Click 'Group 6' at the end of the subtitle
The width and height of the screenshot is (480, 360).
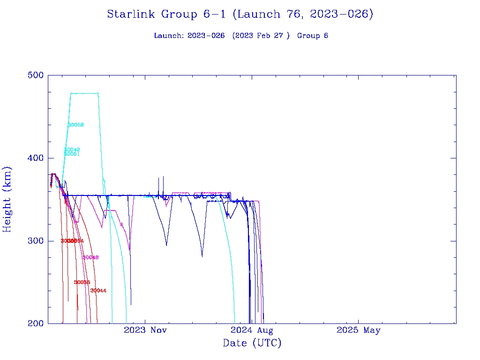313,36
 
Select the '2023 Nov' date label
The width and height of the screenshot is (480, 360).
145,330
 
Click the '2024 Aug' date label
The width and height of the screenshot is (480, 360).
252,330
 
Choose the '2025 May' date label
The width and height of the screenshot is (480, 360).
359,330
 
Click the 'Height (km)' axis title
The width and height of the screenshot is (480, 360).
7,199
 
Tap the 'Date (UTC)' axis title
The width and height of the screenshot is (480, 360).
252,344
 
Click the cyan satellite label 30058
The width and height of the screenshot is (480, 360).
76,125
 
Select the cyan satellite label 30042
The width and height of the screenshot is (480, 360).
72,150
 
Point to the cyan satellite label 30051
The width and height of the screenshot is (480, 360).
72,154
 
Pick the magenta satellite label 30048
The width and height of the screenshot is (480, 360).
90,257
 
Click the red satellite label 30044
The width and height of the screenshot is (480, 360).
98,291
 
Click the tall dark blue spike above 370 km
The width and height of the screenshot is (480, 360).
163,180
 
